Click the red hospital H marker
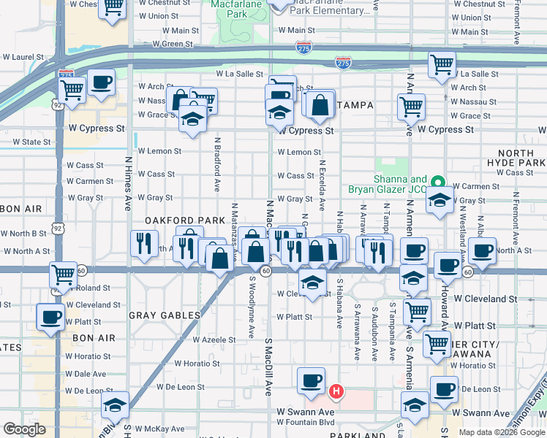pyautogui.click(x=336, y=392)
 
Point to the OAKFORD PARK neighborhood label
pyautogui.click(x=179, y=220)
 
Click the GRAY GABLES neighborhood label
pyautogui.click(x=165, y=315)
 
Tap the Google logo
pyautogui.click(x=24, y=429)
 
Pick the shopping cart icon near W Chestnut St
pyautogui.click(x=113, y=7)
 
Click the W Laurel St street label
pyautogui.click(x=23, y=56)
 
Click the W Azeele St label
pyautogui.click(x=214, y=339)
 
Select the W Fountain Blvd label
pyautogui.click(x=306, y=422)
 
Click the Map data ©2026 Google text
pyautogui.click(x=501, y=431)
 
